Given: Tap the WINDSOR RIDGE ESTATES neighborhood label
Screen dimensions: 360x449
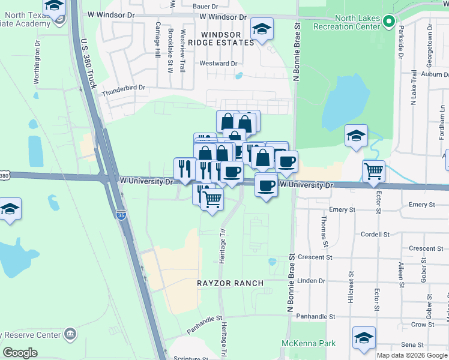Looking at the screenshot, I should coord(220,39).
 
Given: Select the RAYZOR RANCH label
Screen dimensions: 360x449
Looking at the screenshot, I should coord(231,283).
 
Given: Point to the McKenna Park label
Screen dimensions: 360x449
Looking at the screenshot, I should coord(309,344).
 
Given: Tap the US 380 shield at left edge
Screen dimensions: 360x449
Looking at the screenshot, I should coord(4,176).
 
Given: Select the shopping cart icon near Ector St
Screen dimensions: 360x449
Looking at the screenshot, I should coord(373,172).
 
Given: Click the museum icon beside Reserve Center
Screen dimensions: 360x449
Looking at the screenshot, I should coord(70,334).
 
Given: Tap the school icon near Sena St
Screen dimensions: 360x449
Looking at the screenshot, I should coord(364,338).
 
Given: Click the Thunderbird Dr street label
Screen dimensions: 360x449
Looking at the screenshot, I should coord(124,88).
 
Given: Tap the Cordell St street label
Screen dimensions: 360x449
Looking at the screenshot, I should coord(375,234).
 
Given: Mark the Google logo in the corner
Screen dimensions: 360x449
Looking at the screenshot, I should coord(20,353).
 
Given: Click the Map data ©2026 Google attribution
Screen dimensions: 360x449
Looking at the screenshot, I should coord(411,355).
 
